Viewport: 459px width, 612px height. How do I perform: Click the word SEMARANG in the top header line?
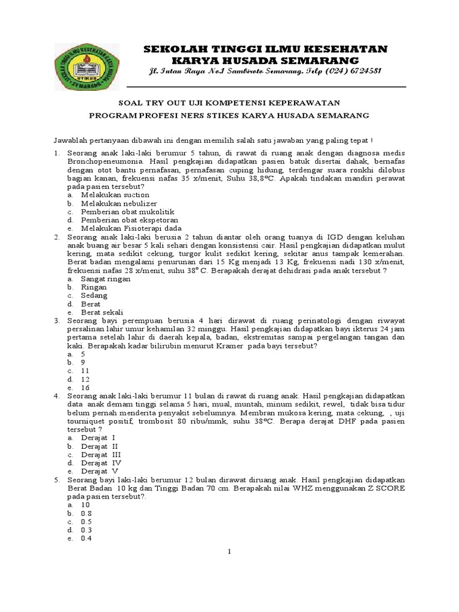pyautogui.click(x=317, y=61)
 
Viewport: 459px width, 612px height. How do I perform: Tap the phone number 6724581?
pyautogui.click(x=361, y=72)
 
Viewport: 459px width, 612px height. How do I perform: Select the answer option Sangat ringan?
pyautogui.click(x=106, y=279)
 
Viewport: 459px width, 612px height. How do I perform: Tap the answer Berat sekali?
pyautogui.click(x=102, y=312)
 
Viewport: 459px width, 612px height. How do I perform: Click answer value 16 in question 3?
pyautogui.click(x=85, y=387)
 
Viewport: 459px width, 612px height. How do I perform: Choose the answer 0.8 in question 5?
pyautogui.click(x=87, y=513)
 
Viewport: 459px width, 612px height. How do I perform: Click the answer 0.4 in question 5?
pyautogui.click(x=87, y=538)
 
